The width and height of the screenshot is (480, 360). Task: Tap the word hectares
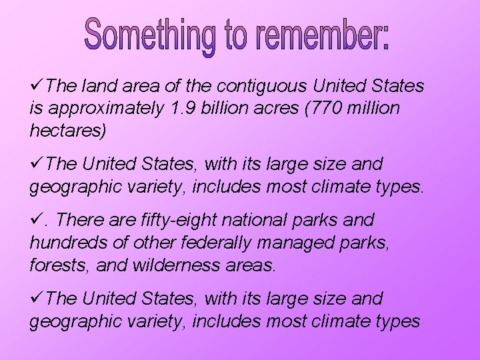66,130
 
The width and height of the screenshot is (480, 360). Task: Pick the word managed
293,243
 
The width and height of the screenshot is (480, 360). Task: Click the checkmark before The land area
37,86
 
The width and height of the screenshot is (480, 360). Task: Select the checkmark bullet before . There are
37,219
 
